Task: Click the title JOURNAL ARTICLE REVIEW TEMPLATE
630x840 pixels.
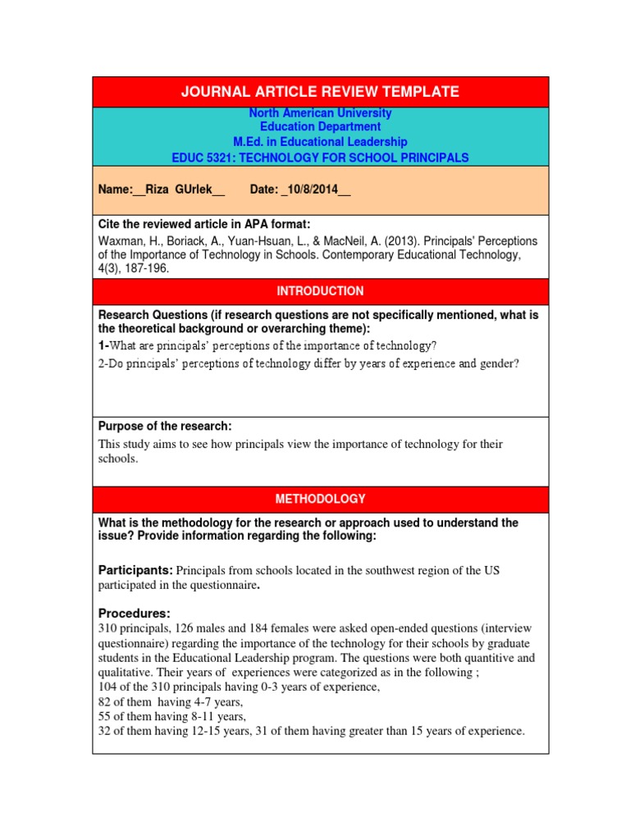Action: (320, 92)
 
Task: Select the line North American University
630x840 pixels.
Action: (320, 113)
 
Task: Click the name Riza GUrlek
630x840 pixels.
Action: (178, 189)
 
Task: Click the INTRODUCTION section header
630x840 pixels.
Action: (320, 291)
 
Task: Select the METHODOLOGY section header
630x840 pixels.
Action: (320, 499)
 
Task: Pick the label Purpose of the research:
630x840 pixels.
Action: (165, 426)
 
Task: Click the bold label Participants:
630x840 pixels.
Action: (135, 570)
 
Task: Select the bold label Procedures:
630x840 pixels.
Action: (135, 614)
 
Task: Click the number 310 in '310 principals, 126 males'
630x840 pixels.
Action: (108, 628)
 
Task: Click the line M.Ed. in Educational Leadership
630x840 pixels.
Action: (320, 142)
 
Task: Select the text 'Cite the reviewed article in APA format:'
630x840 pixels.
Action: (204, 225)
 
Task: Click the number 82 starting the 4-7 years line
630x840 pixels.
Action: (105, 701)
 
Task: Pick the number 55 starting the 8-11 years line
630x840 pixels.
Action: (105, 716)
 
